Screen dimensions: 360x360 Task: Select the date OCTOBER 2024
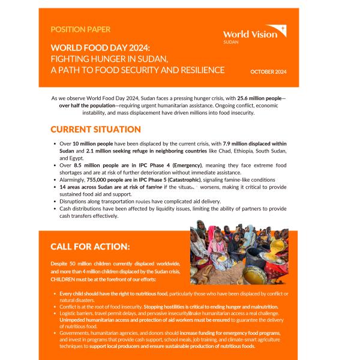pos(268,72)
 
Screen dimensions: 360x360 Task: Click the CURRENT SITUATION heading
pos(95,130)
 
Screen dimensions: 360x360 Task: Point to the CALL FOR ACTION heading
pos(90,246)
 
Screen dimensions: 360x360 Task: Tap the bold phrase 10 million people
pos(92,145)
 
